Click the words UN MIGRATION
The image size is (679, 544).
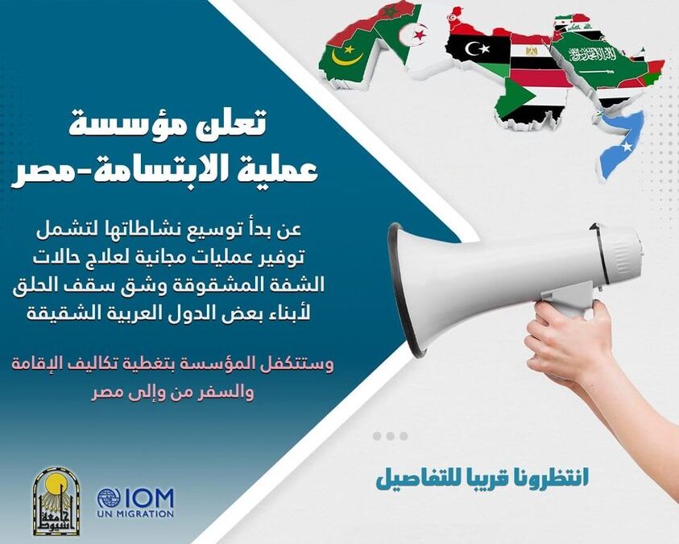tap(135, 513)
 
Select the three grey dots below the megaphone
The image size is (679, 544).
tap(391, 436)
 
